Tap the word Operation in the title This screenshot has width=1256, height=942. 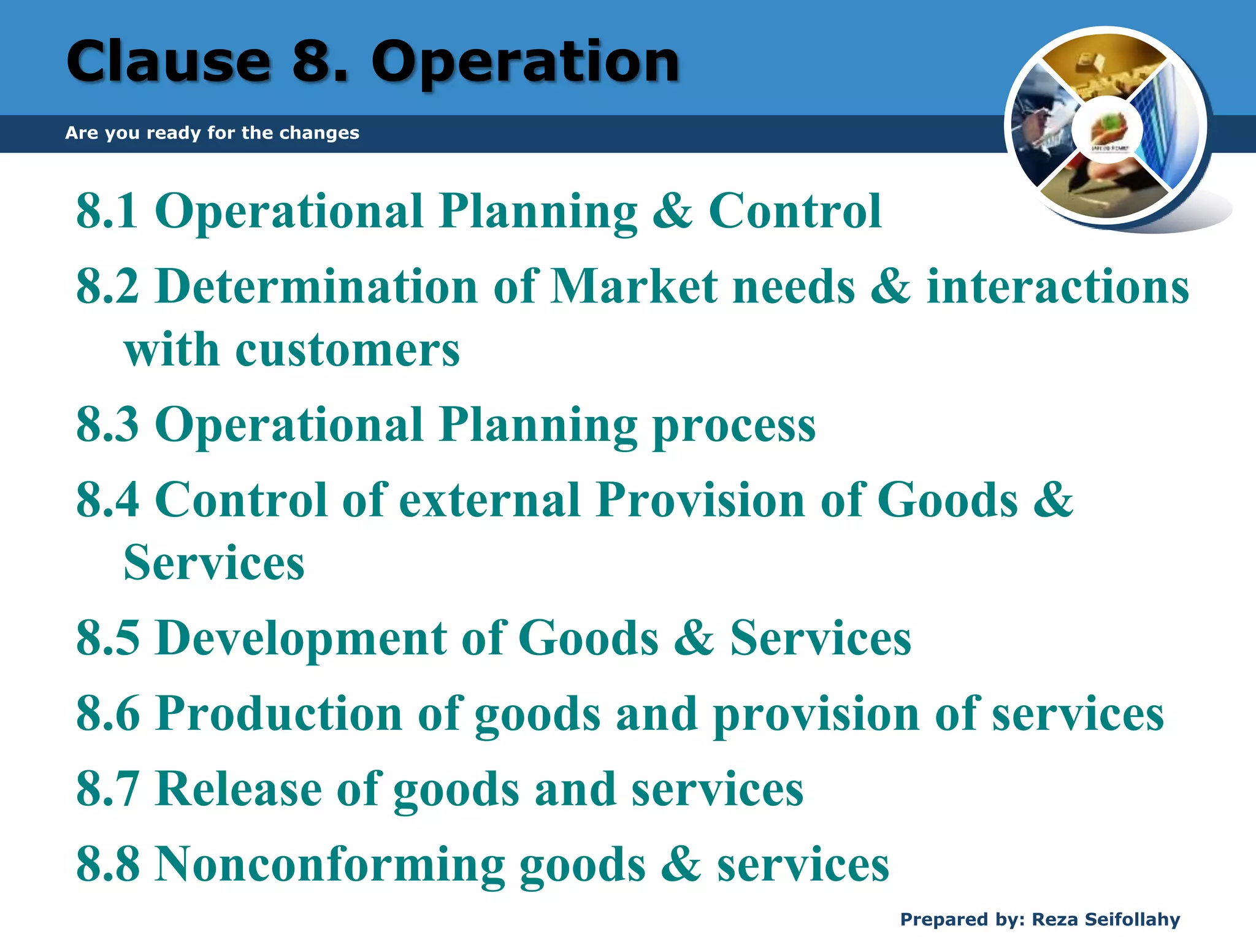(526, 63)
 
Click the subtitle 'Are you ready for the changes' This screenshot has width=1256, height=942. (212, 132)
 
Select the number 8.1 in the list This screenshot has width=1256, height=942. (107, 211)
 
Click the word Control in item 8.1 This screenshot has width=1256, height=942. (795, 211)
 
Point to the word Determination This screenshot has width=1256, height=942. (316, 286)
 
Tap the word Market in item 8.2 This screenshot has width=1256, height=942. (634, 286)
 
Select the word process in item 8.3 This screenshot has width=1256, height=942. (734, 426)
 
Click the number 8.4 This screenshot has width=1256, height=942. (107, 500)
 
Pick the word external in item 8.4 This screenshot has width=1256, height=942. (489, 500)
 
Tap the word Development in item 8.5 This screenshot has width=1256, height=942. (301, 638)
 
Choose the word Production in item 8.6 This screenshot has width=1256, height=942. (279, 714)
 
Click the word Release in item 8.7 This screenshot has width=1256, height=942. (239, 789)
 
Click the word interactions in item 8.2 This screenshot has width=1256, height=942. (1057, 286)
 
